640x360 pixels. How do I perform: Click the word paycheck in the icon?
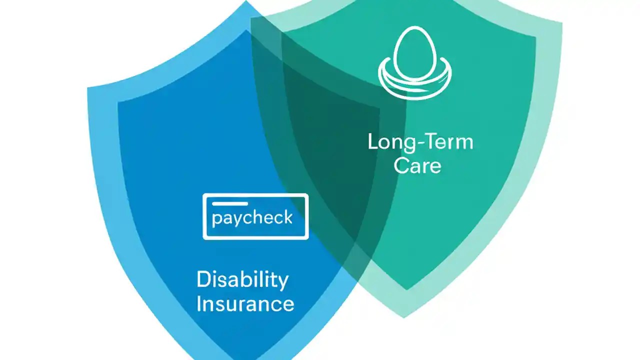[x=252, y=218]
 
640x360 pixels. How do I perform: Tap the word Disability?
[x=242, y=280]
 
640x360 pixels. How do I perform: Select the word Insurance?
[x=245, y=303]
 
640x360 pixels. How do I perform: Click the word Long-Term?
[x=420, y=142]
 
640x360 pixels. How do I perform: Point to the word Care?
[x=417, y=165]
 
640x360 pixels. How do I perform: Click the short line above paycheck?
[x=229, y=204]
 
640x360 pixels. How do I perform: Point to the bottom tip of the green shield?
[x=404, y=316]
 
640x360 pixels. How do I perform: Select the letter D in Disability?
[x=203, y=279]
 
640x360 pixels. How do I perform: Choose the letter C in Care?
[x=401, y=165]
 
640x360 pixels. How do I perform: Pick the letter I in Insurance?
[x=199, y=303]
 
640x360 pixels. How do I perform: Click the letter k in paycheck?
[x=287, y=217]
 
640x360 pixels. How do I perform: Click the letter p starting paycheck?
[x=215, y=220]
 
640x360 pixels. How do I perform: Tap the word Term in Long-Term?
[x=446, y=142]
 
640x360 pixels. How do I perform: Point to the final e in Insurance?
[x=288, y=305]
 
